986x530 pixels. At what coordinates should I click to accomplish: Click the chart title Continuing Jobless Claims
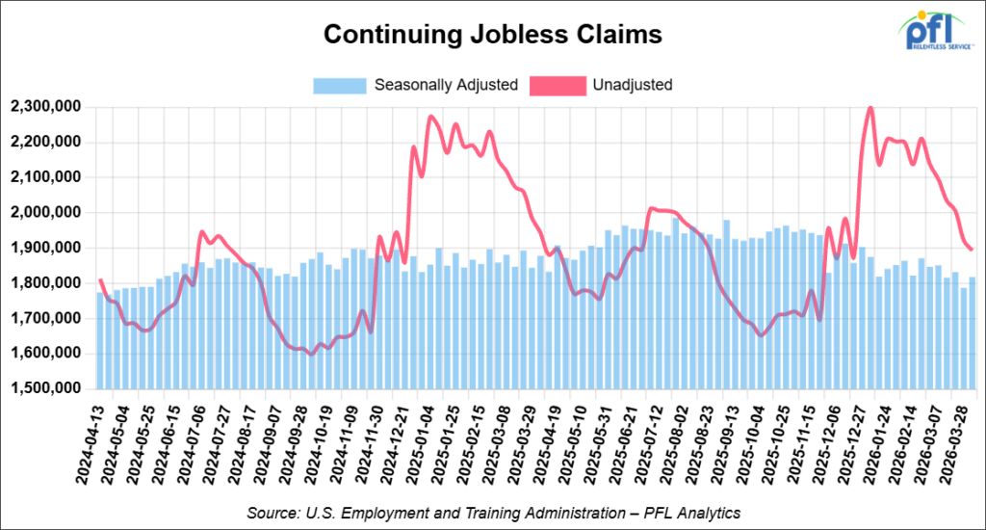point(492,35)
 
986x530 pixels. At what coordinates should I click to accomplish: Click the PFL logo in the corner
point(936,30)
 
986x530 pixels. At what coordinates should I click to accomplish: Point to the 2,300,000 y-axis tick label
point(46,107)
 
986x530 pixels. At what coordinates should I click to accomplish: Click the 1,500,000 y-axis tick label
point(46,388)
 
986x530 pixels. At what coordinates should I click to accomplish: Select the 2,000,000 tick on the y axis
point(46,213)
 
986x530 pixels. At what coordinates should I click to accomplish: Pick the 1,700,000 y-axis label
point(46,318)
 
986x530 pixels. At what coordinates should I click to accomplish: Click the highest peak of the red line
point(870,108)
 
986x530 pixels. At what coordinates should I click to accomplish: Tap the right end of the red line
point(973,250)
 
